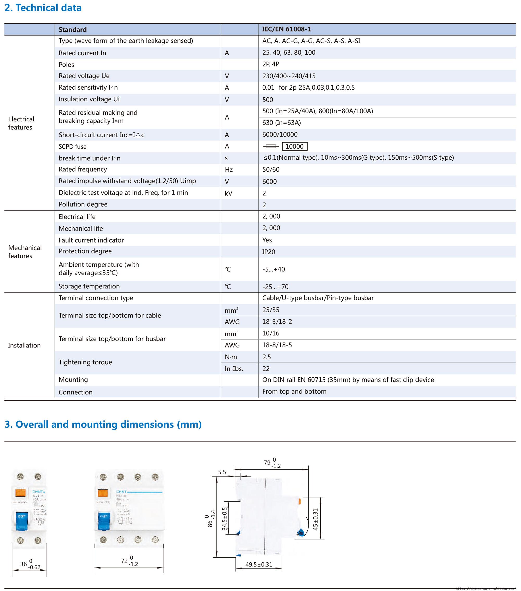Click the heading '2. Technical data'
43,8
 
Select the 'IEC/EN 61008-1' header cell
286,29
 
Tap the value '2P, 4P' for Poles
271,64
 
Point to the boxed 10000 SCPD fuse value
294,146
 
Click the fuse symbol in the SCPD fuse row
271,147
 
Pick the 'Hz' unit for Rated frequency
229,170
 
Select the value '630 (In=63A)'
281,123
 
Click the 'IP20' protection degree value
269,252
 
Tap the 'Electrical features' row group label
21,123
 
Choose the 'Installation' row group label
24,345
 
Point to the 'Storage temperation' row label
89,286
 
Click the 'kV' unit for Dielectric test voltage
228,193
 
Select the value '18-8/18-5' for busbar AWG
277,345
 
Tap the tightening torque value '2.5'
266,357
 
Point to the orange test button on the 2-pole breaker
20,493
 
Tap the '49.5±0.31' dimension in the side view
259,564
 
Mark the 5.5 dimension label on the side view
222,472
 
